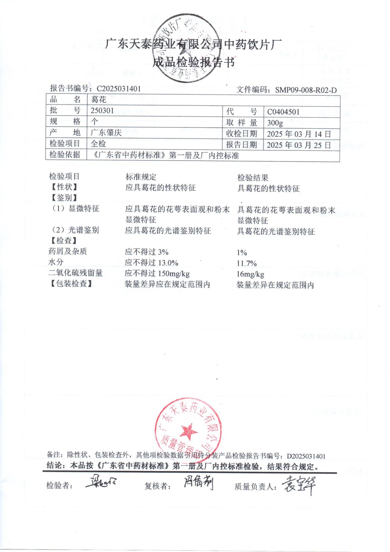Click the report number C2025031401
(x=119, y=89)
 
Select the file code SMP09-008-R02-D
(x=306, y=90)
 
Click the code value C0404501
(x=283, y=112)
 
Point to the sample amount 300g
(x=275, y=123)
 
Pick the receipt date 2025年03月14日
(x=299, y=134)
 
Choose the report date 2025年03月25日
(x=299, y=145)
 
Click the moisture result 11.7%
(x=247, y=264)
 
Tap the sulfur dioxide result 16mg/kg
(x=250, y=275)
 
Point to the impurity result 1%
(x=242, y=253)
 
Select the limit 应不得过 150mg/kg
(x=157, y=274)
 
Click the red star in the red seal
(x=188, y=431)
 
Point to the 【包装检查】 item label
(x=71, y=284)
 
